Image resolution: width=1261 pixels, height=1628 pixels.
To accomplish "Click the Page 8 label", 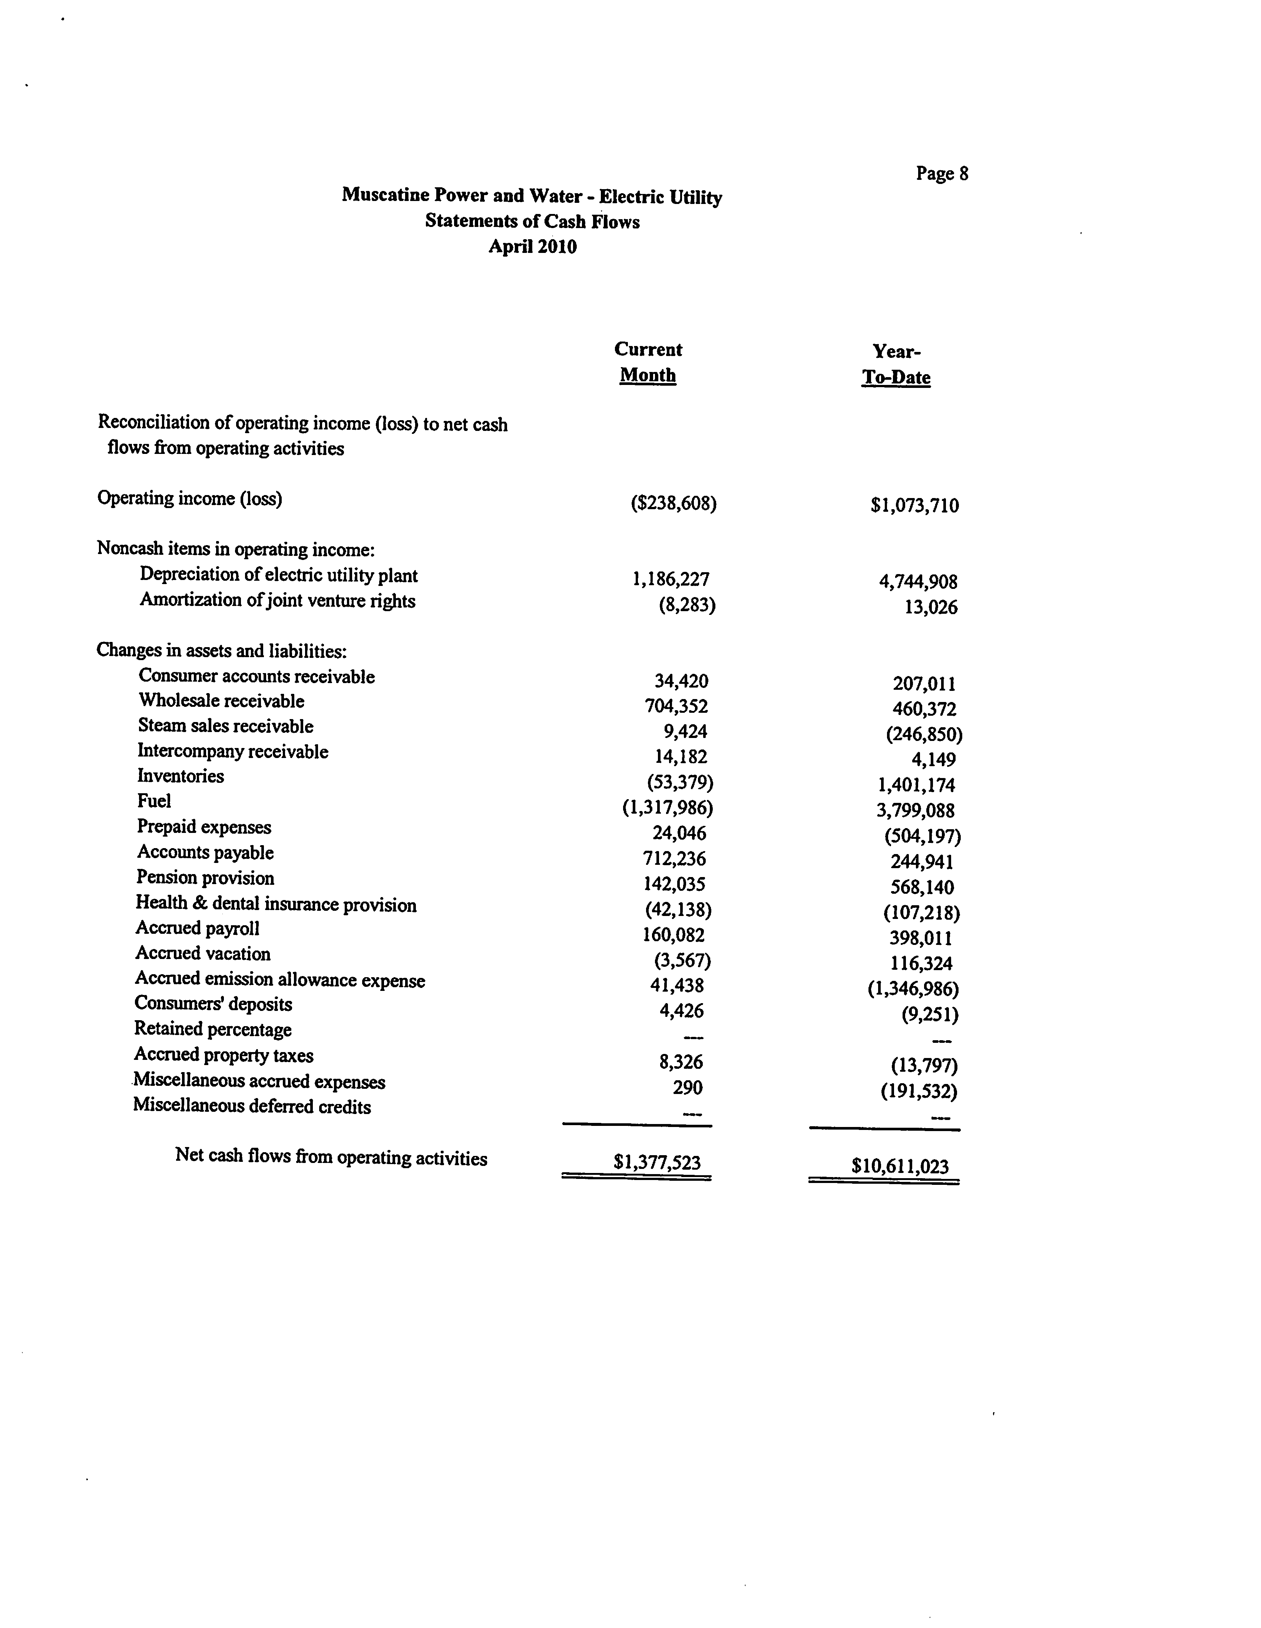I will [x=942, y=174].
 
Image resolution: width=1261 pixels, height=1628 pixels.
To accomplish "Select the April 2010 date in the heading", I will [x=532, y=247].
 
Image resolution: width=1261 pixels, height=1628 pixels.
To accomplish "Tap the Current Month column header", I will [x=648, y=362].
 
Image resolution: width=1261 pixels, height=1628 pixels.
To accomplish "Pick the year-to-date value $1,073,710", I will [x=914, y=506].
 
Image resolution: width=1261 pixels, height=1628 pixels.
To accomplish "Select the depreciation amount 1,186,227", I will [x=671, y=579].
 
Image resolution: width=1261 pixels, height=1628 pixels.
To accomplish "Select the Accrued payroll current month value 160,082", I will [x=674, y=935].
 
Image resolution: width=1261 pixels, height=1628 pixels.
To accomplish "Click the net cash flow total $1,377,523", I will [x=656, y=1162].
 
